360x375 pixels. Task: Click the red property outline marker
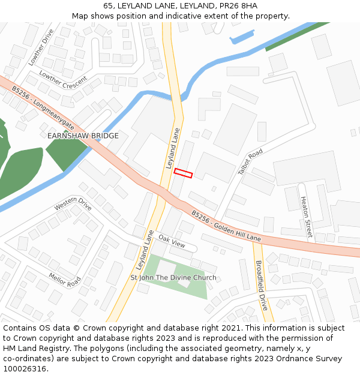pos(183,173)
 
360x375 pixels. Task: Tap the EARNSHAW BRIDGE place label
pos(83,136)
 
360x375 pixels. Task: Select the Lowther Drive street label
pos(41,47)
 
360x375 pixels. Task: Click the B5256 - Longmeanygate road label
pos(42,108)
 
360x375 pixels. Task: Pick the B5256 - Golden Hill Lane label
pos(226,226)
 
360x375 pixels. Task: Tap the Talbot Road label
pos(250,161)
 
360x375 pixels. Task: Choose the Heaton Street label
pos(306,217)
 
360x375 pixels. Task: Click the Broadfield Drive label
pos(261,284)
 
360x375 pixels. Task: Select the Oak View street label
pos(172,242)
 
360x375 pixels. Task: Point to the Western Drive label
pos(73,205)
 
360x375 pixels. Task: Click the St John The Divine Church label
pos(173,278)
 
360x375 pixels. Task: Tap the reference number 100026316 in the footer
pos(24,369)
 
